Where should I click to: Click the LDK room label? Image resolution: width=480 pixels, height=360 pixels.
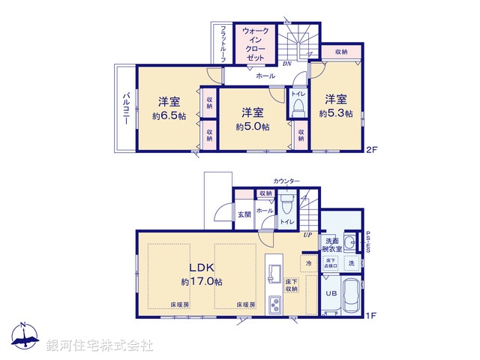[x=202, y=268]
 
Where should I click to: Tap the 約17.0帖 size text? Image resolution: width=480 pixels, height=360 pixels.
[x=202, y=282]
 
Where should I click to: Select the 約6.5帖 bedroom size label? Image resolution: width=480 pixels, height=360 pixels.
[x=169, y=116]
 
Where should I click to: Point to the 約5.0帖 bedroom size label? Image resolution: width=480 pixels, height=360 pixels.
[x=253, y=127]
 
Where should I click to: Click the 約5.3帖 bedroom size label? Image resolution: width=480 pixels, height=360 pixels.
[x=335, y=113]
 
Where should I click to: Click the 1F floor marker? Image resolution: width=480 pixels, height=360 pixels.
[x=370, y=315]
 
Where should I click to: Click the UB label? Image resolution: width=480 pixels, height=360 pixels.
[x=331, y=293]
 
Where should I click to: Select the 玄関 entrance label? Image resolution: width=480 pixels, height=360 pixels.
[x=244, y=214]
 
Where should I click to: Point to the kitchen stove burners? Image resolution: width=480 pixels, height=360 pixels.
[x=275, y=305]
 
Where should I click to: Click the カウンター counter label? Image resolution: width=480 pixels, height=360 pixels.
[x=286, y=182]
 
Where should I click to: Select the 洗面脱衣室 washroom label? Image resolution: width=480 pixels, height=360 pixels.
[x=332, y=243]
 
